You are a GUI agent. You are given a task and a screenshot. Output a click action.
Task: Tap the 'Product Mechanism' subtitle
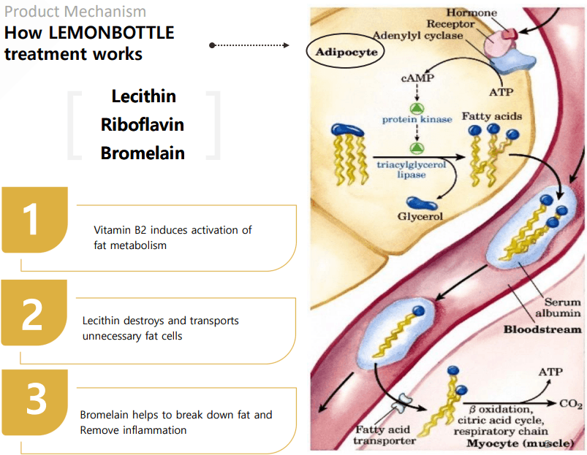click(x=75, y=12)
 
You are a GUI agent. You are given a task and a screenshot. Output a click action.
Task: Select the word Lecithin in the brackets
click(x=143, y=96)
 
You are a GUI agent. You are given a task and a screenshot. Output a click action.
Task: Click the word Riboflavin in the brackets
click(x=143, y=125)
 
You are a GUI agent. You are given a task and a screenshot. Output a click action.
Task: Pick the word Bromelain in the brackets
click(x=143, y=153)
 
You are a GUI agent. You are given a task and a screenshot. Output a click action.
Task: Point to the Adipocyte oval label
click(x=342, y=53)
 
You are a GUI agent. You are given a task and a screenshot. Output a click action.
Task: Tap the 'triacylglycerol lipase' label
click(x=411, y=170)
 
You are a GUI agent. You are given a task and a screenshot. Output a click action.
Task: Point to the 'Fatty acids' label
click(x=489, y=117)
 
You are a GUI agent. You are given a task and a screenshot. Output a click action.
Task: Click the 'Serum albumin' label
click(x=561, y=307)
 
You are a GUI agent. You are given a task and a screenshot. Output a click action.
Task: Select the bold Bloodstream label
click(x=542, y=329)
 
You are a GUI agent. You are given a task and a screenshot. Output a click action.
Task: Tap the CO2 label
click(x=570, y=402)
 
